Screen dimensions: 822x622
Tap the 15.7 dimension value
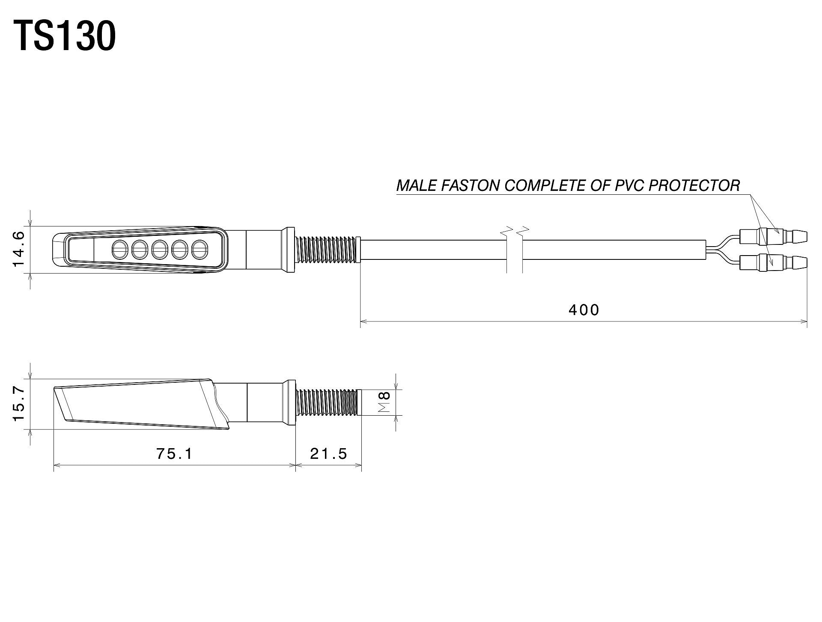pyautogui.click(x=20, y=403)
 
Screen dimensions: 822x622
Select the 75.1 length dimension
pyautogui.click(x=175, y=453)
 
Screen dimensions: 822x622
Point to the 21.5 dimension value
pyautogui.click(x=329, y=453)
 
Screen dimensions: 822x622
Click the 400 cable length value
pyautogui.click(x=584, y=310)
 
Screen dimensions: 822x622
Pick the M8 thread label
pyautogui.click(x=385, y=402)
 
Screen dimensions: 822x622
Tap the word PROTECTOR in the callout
pyautogui.click(x=694, y=185)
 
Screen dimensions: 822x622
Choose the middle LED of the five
pyautogui.click(x=159, y=250)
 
